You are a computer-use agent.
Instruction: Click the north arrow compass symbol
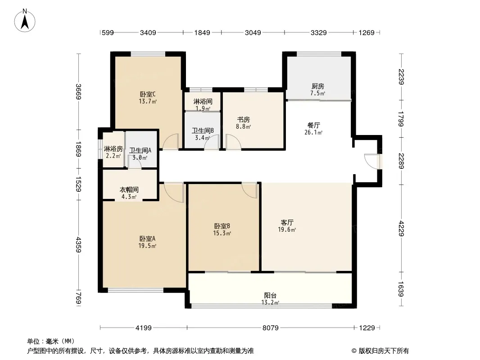coord(25,21)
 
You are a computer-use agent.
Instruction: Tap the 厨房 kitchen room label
coord(318,86)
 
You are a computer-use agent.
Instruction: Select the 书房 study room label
coord(243,120)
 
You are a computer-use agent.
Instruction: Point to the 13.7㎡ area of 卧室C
coord(148,101)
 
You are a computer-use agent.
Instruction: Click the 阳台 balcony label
coord(270,296)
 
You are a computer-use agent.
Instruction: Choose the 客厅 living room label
coord(287,222)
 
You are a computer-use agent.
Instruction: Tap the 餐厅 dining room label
coord(313,125)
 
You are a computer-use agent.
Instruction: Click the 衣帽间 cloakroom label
coord(129,190)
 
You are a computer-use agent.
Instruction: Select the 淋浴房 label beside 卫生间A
coord(113,149)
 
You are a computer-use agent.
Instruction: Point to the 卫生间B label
coord(203,130)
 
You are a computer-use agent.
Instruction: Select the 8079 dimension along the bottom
coord(270,328)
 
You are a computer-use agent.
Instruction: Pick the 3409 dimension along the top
coord(148,32)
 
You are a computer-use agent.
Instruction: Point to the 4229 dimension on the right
coord(401,229)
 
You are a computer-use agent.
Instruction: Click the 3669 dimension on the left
coord(78,91)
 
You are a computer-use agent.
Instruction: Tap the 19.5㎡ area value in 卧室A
coord(147,246)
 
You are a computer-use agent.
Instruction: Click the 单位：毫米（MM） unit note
coord(51,342)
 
